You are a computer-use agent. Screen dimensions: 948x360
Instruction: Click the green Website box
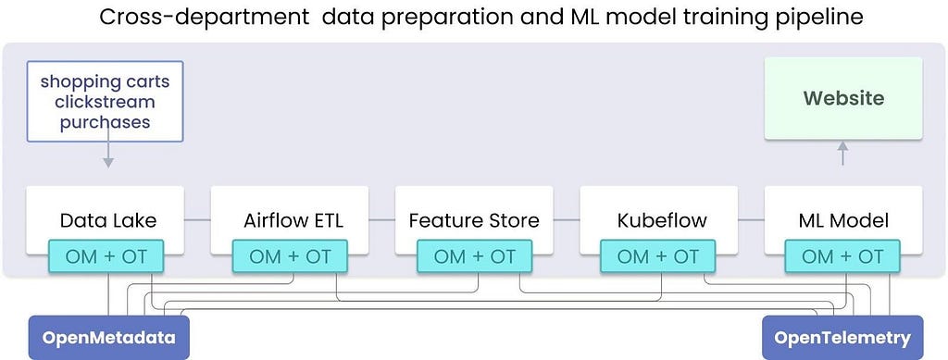tap(843, 98)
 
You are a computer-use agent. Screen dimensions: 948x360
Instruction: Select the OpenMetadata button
tap(109, 337)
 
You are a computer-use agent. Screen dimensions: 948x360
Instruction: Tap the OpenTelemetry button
tap(842, 337)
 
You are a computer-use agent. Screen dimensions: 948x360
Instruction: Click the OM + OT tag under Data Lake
tap(106, 256)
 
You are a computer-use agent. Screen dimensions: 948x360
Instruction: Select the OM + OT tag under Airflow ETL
tap(290, 256)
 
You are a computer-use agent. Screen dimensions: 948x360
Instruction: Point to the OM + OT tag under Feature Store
tap(474, 256)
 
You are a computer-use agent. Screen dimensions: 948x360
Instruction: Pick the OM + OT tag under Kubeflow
tap(658, 256)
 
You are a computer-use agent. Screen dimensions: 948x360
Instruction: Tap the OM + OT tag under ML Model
tap(842, 256)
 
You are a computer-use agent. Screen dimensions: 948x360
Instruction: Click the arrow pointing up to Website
tap(842, 154)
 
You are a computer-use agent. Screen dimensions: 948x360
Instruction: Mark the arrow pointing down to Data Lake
tap(107, 155)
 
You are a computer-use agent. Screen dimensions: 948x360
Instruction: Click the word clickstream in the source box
tap(105, 102)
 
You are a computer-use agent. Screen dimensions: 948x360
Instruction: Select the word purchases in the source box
tap(105, 122)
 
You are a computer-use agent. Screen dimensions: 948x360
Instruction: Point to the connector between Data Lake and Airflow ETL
tap(197, 220)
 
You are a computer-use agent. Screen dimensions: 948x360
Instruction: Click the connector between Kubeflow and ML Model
tap(751, 220)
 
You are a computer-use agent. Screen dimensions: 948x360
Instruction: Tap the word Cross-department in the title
tap(204, 17)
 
